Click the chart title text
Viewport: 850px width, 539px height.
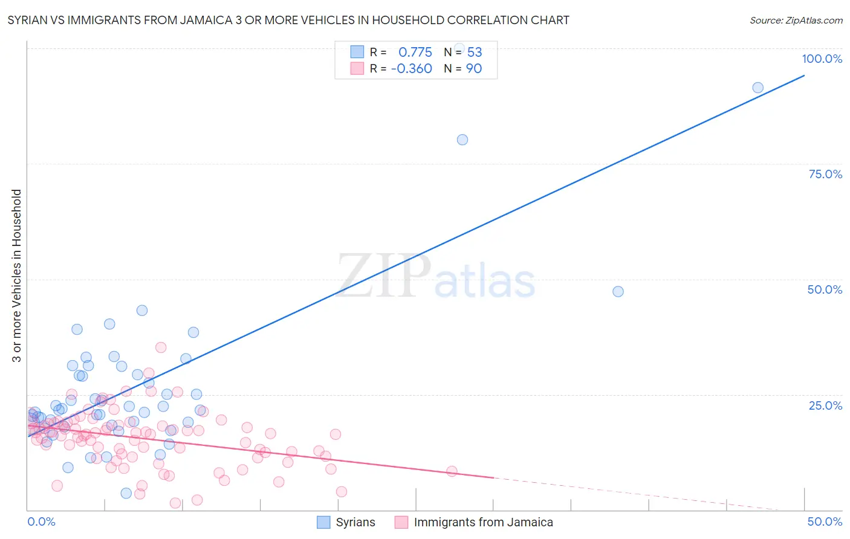point(288,20)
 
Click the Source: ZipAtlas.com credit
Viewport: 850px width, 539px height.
point(796,20)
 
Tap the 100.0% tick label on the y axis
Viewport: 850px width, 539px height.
point(822,59)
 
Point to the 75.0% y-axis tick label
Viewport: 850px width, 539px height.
point(825,174)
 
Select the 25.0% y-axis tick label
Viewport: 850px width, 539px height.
point(825,405)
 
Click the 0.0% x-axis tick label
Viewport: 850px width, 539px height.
point(41,521)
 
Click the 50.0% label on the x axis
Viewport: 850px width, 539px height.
point(825,521)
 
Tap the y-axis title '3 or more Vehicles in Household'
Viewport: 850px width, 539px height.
point(17,276)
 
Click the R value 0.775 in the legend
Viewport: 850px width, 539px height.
point(415,52)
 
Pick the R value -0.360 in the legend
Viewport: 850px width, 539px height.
point(411,69)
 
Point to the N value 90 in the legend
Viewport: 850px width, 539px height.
point(473,69)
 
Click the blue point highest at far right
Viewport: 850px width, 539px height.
point(758,88)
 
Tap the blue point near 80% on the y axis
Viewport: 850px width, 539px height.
point(462,140)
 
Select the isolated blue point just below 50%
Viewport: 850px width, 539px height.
point(618,291)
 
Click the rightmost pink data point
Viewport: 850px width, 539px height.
point(452,471)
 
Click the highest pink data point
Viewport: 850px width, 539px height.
point(161,347)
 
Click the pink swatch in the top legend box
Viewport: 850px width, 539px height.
point(357,68)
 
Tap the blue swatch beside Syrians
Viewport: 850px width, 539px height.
point(324,522)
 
